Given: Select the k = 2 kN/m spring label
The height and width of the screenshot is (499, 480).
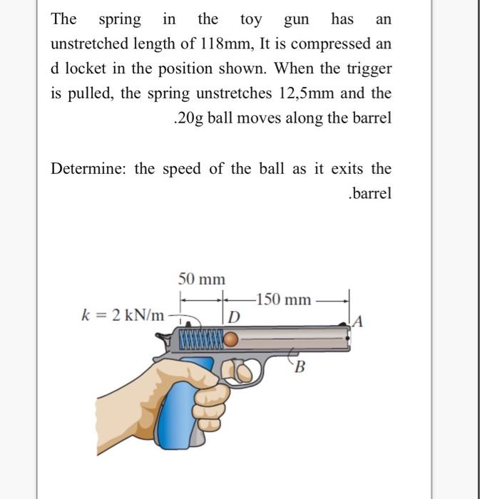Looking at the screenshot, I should (x=123, y=314).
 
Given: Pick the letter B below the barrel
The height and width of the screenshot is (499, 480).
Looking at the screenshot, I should (x=300, y=368).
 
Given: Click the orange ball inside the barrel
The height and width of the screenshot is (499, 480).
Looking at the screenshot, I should (x=231, y=341).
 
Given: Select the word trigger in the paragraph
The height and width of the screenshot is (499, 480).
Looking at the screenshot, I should (x=367, y=69).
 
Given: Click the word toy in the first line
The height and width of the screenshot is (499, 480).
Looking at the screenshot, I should (x=251, y=19).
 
